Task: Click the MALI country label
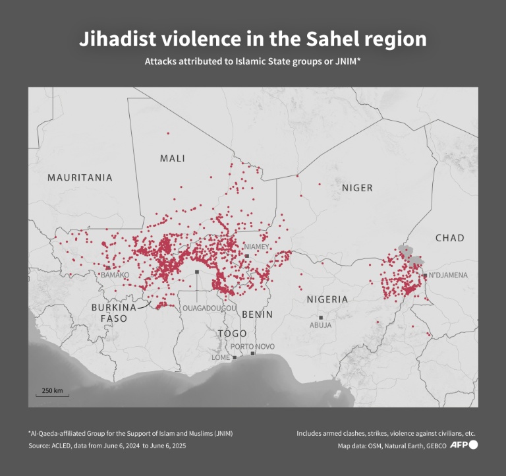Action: (x=172, y=158)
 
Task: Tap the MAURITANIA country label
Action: (x=80, y=177)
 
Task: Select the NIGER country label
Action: (x=357, y=188)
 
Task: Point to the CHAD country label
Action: (x=450, y=237)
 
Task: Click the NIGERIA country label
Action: (x=327, y=299)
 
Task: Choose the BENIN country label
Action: (x=257, y=314)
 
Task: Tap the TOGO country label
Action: (x=233, y=334)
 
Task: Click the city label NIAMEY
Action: (x=257, y=247)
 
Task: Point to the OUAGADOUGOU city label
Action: (x=210, y=308)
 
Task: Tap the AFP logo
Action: (x=464, y=446)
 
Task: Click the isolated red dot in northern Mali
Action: (x=168, y=133)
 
